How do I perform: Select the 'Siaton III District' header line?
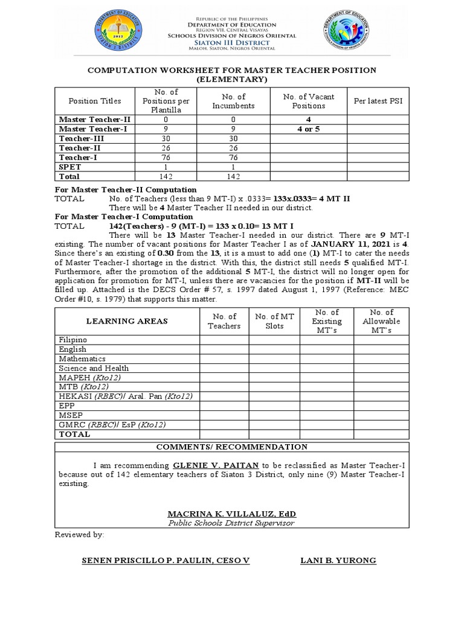232,42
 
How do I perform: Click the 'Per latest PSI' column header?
378,101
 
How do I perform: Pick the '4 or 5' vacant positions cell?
308,129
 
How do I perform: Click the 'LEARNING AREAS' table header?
127,321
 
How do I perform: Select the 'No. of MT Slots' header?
274,321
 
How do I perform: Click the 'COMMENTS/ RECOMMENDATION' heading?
232,447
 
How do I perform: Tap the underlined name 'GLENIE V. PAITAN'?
209,466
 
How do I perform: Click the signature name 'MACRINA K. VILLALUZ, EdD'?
232,514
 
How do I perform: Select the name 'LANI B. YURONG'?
338,561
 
